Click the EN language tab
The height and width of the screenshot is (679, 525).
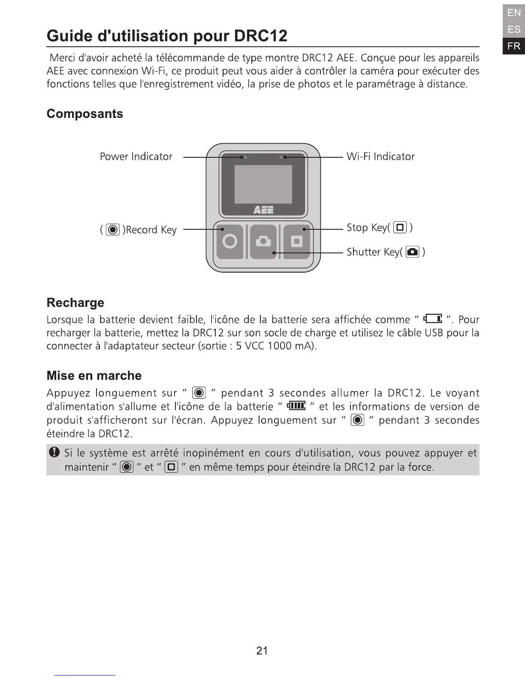click(x=513, y=13)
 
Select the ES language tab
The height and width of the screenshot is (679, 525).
click(x=513, y=30)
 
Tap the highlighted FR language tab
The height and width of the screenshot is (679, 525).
click(x=513, y=46)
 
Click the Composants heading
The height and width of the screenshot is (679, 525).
click(x=84, y=114)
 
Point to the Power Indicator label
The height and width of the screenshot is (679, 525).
click(x=136, y=156)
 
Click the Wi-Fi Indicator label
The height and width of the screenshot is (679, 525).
click(x=380, y=156)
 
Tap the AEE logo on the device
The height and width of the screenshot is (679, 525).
click(x=263, y=210)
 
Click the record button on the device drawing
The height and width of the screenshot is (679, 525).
click(x=230, y=241)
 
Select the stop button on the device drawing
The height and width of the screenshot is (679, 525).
click(x=296, y=241)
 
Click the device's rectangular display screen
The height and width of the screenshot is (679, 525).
click(x=263, y=184)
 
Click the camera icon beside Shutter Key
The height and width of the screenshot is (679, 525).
click(x=412, y=252)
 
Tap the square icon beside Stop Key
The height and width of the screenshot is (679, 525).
click(x=400, y=228)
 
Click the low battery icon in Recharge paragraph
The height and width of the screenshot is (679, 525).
click(x=433, y=319)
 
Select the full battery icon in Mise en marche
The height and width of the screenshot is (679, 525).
click(x=296, y=406)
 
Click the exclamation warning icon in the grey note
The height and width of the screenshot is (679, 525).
click(x=54, y=452)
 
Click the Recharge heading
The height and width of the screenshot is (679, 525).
click(x=75, y=303)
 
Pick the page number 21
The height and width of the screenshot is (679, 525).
click(x=262, y=651)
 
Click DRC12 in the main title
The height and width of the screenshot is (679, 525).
click(x=261, y=36)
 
